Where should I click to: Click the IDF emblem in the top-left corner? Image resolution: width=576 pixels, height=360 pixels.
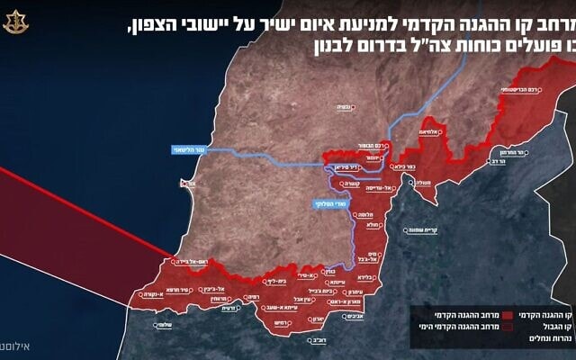16,20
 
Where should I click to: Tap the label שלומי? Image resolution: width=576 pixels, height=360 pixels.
163,325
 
